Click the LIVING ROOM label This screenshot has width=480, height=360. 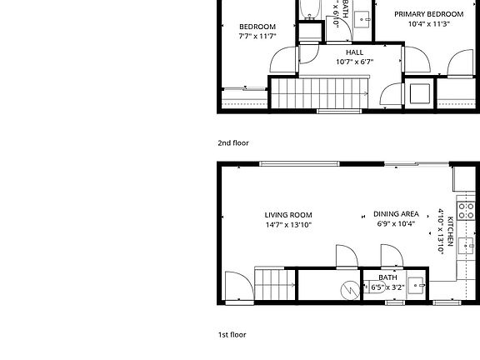tap(288, 214)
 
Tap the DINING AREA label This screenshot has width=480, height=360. tap(396, 214)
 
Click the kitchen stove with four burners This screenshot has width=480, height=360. tap(466, 208)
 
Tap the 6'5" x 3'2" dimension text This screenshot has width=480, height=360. tap(387, 287)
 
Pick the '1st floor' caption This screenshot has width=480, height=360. tap(232, 334)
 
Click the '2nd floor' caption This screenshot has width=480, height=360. tap(232, 143)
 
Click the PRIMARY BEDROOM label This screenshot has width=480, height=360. tap(429, 14)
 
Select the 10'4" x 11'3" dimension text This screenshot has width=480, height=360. tap(429, 24)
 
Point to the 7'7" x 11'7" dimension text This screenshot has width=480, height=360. tap(257, 37)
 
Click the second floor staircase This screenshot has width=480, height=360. tap(321, 91)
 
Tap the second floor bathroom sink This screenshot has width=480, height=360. tap(363, 18)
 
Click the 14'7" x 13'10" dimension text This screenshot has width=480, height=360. tap(288, 224)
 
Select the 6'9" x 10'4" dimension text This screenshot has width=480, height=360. tap(396, 224)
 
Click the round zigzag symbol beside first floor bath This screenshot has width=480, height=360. tap(349, 289)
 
